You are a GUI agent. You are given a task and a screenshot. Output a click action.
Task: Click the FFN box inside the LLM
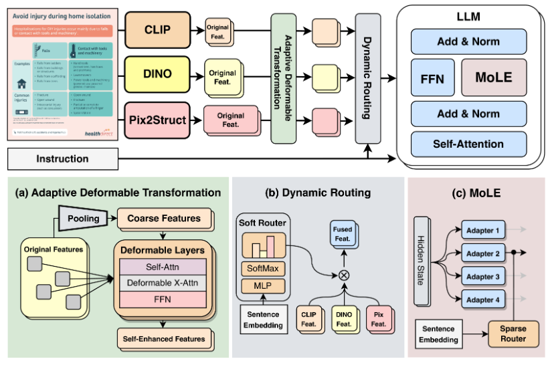(x=432, y=78)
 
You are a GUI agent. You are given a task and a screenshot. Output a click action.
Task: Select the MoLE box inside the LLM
(x=494, y=78)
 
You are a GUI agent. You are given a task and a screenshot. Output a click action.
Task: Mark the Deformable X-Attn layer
(x=163, y=283)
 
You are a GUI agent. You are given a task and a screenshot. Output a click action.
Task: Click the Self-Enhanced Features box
(x=163, y=338)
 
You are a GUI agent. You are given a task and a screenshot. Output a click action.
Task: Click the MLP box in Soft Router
(x=262, y=287)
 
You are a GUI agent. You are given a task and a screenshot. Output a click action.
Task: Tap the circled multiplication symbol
(x=345, y=274)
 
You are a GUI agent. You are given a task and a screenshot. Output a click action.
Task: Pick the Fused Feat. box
(x=342, y=233)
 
